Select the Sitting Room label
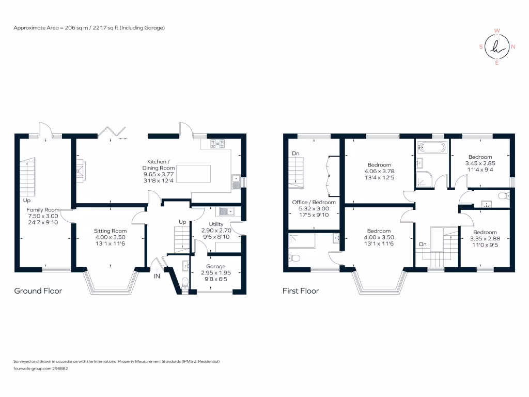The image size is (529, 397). (x=110, y=231)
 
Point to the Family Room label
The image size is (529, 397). (x=43, y=210)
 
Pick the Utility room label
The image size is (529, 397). (x=216, y=224)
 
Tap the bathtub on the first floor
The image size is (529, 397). (x=430, y=147)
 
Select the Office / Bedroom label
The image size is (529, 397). (x=314, y=202)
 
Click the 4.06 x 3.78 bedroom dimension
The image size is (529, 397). (x=379, y=172)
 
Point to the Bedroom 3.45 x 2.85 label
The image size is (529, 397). (x=480, y=157)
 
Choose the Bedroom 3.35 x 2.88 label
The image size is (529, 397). (x=486, y=233)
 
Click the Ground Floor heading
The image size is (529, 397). (x=38, y=291)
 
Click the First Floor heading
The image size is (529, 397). (x=301, y=291)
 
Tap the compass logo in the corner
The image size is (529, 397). (x=497, y=47)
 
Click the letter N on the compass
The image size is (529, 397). (x=513, y=47)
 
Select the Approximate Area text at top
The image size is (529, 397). (x=89, y=27)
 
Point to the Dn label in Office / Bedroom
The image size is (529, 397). (x=295, y=154)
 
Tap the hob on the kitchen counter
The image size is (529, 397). (x=217, y=144)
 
